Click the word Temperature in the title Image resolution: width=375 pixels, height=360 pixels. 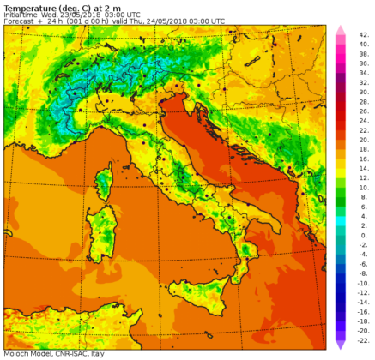tap(25, 7)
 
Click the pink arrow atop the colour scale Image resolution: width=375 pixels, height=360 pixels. tap(339, 30)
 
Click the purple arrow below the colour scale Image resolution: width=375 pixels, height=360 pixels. tap(339, 344)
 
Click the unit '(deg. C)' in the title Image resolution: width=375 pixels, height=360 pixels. tap(70, 7)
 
